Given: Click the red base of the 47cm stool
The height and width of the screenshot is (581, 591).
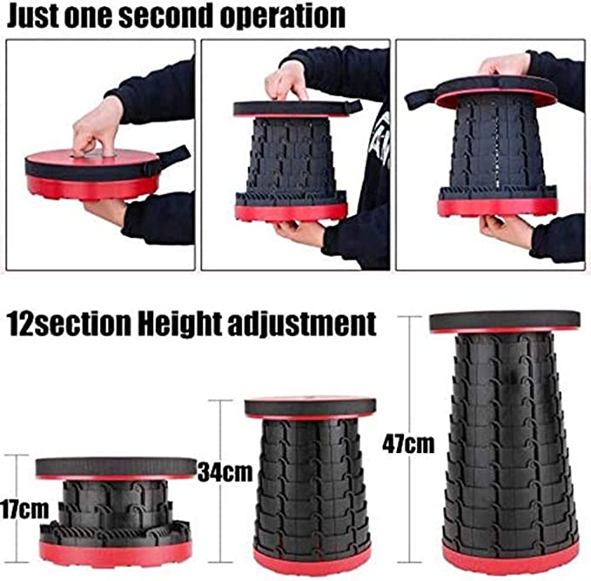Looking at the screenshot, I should [x=508, y=555].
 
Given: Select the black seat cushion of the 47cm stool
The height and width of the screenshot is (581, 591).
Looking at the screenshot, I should [x=506, y=318].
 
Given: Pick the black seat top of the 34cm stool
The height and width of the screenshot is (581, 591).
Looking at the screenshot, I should [x=309, y=406].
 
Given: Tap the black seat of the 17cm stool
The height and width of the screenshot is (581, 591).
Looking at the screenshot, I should [x=115, y=466].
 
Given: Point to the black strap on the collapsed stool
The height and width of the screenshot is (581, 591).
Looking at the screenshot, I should [x=172, y=157].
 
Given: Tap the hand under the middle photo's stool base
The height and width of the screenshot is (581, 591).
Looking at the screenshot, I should [x=299, y=232].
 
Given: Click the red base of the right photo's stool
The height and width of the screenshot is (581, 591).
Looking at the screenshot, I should [x=499, y=207].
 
